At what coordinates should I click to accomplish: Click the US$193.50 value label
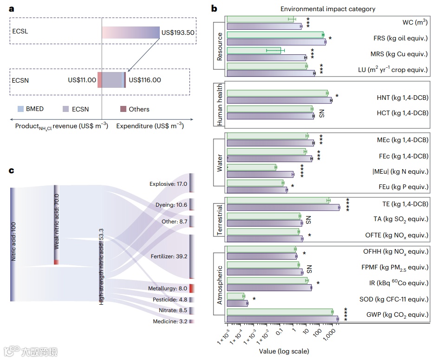point(178,33)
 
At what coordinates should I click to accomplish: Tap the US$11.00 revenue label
point(82,80)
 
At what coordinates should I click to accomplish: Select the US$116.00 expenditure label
point(145,80)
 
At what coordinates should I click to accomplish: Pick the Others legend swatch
point(123,109)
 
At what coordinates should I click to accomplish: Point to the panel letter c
point(12,170)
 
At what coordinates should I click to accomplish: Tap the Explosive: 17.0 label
point(168,184)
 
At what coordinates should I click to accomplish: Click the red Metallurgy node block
point(191,288)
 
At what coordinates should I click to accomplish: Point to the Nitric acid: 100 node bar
point(13,244)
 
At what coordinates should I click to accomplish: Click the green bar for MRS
point(254,50)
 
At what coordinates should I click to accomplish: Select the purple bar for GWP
point(282,318)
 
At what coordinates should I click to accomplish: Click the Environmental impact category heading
point(327,9)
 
